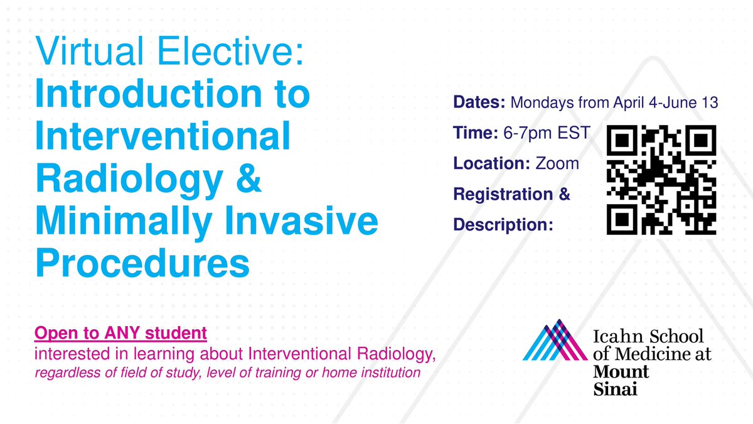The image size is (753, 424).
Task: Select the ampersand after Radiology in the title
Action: [x=247, y=180]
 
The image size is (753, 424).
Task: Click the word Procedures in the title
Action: [x=142, y=263]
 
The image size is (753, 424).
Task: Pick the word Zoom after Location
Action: [x=557, y=163]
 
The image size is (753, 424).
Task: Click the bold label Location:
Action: [x=492, y=163]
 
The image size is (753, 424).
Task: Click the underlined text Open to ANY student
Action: [x=120, y=330]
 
